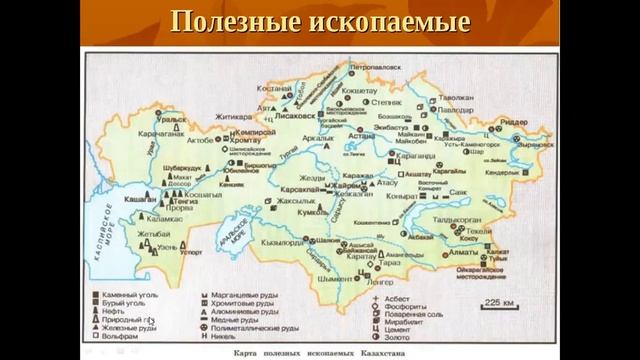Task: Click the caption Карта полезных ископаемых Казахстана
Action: point(320,353)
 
